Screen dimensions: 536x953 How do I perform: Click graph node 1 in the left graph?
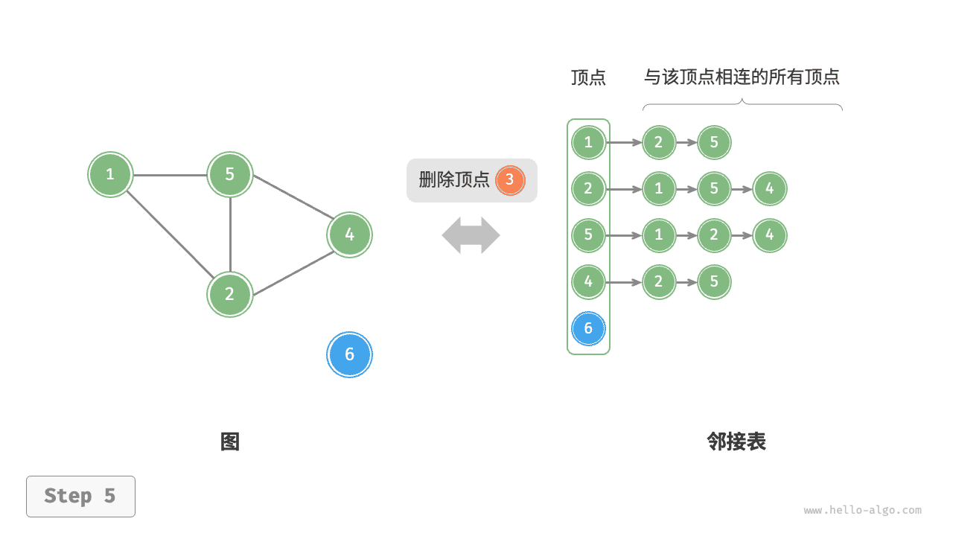[110, 175]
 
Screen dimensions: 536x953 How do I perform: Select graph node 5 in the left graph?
[230, 174]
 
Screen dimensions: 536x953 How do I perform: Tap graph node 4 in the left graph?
[349, 235]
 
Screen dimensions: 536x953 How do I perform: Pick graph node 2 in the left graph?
[230, 294]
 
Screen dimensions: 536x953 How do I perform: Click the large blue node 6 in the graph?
[349, 355]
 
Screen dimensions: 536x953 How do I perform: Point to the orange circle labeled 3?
[510, 179]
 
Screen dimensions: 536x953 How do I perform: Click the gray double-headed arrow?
[471, 235]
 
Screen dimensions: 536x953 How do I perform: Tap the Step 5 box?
[80, 497]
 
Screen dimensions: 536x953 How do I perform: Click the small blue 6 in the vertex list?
[588, 328]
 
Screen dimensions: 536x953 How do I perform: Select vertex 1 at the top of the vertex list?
[588, 142]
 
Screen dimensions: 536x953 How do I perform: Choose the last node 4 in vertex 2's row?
[770, 189]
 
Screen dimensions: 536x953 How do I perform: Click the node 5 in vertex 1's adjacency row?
[714, 142]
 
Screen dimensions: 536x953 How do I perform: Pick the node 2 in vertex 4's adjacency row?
[658, 282]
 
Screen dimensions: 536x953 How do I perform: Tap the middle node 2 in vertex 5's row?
[714, 235]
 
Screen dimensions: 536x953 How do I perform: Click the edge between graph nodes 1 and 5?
[170, 176]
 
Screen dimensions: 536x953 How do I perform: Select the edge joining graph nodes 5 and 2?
[230, 234]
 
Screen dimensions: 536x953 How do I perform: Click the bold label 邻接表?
[736, 442]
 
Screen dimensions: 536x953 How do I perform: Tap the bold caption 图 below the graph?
[230, 442]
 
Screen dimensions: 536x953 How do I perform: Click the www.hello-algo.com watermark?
[862, 511]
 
